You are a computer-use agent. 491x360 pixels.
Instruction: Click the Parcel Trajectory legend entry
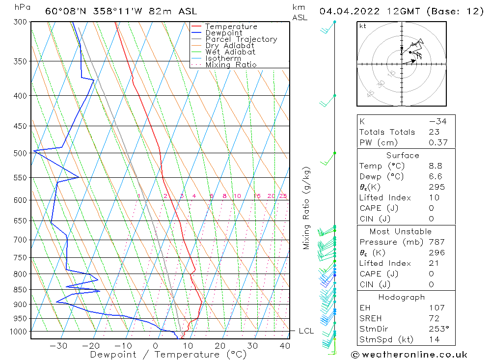pos(241,39)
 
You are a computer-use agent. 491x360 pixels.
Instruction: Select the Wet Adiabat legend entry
pos(230,52)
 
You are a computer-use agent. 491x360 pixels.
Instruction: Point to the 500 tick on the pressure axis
pos(21,153)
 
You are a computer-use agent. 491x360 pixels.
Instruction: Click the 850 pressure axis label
pos(21,290)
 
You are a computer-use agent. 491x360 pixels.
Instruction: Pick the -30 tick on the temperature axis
pos(58,346)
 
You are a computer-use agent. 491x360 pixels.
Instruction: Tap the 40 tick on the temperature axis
pos(285,346)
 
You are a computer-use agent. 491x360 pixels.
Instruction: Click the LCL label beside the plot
pos(306,331)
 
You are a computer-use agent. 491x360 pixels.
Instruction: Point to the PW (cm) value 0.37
pos(437,143)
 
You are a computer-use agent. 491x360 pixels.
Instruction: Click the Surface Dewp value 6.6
pos(436,176)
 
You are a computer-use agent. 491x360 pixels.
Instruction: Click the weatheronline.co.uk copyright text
pos(409,355)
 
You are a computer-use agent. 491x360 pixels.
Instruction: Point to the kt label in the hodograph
pos(363,26)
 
